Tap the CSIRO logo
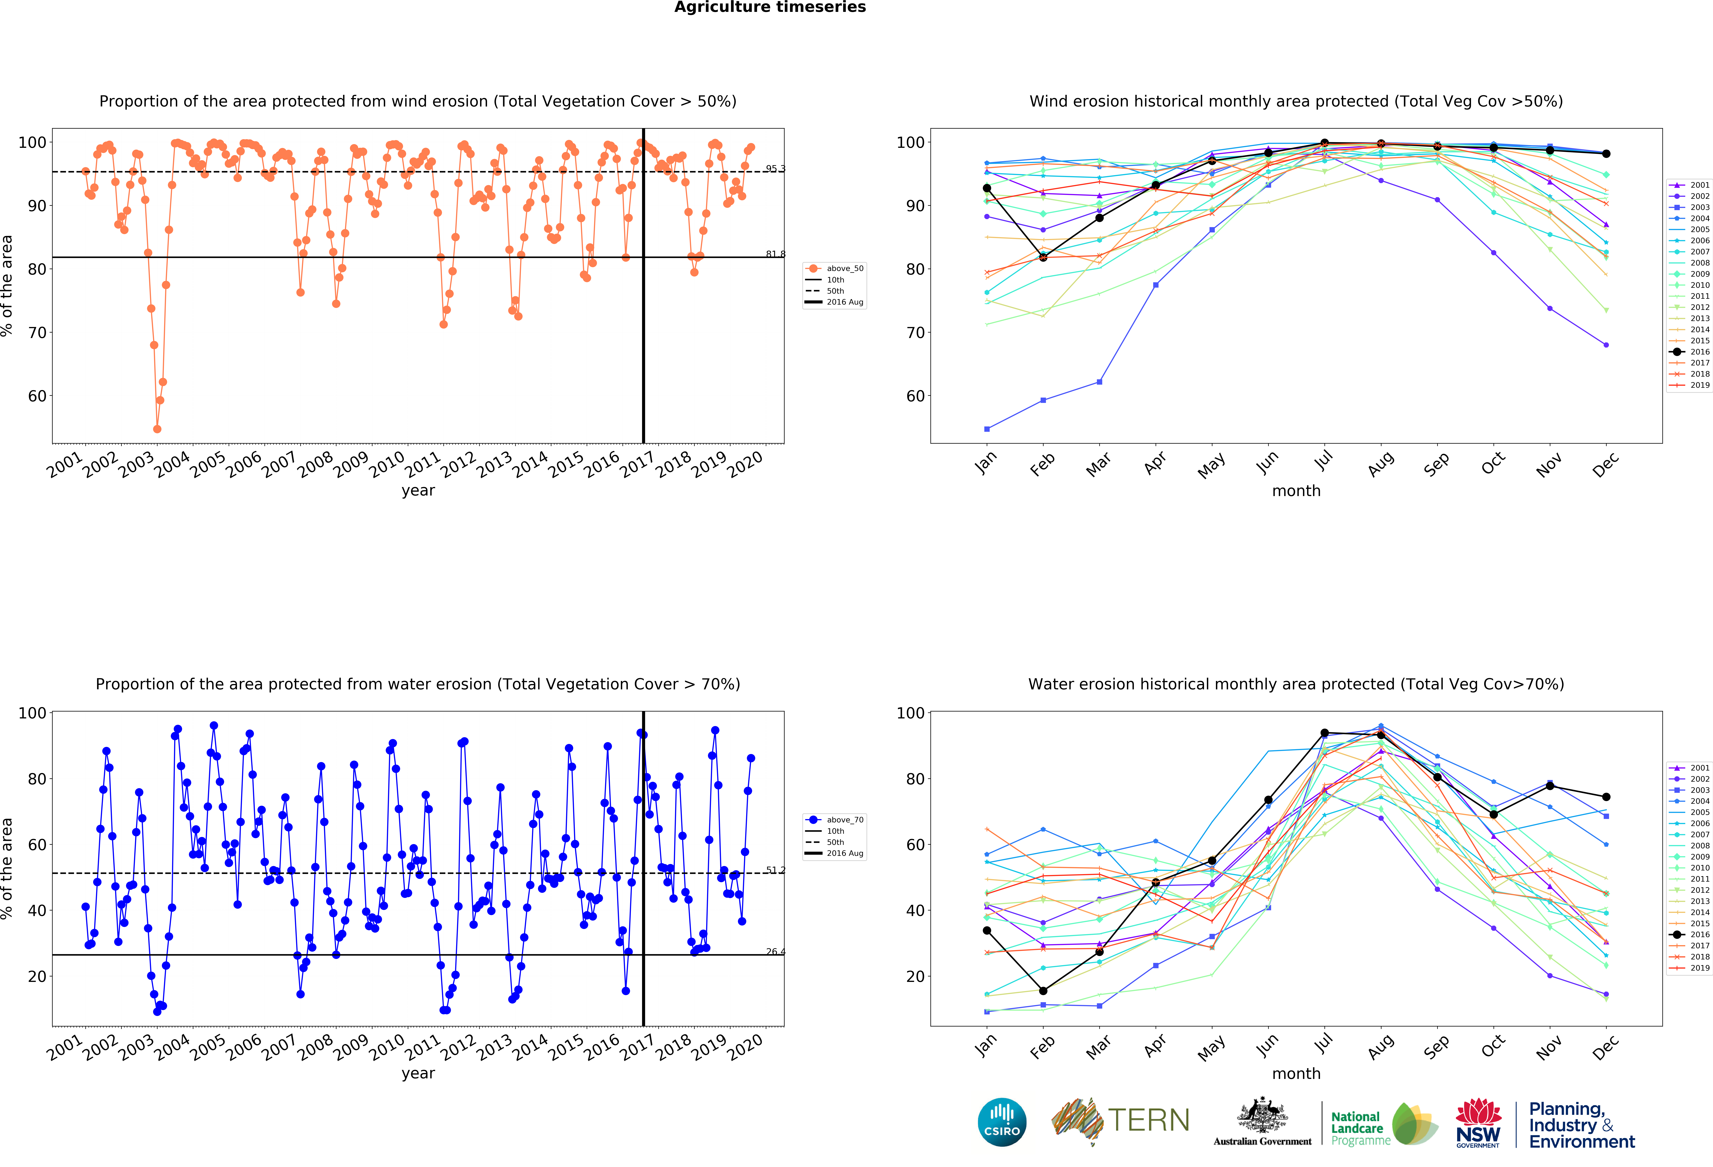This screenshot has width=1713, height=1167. [1002, 1122]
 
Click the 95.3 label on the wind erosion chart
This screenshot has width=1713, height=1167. [775, 169]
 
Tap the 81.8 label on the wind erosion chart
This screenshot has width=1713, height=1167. [775, 254]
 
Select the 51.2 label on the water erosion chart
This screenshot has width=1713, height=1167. [775, 870]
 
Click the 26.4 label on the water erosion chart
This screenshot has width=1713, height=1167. [775, 952]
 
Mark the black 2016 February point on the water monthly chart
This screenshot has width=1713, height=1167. [1043, 991]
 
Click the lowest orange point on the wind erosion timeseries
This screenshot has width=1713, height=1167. [157, 429]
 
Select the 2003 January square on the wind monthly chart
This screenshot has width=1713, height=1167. [987, 429]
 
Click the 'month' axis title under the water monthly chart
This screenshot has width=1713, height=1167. [1296, 1073]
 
